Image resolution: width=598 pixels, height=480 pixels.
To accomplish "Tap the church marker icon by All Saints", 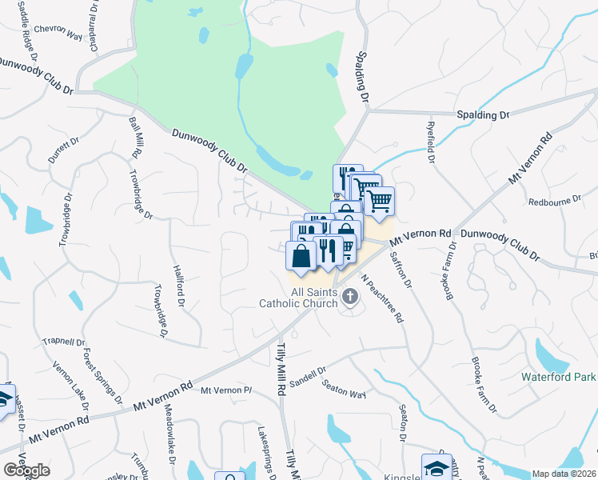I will pos(349,298).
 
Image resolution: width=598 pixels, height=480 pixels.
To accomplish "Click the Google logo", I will pos(26,470).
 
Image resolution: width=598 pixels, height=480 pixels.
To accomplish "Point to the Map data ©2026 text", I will pos(564,474).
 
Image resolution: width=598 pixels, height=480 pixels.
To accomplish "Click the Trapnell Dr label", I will pos(63,340).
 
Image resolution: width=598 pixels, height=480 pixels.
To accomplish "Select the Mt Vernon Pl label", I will pos(226,390).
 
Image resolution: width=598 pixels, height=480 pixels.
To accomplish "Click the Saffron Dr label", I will pos(401,270).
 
